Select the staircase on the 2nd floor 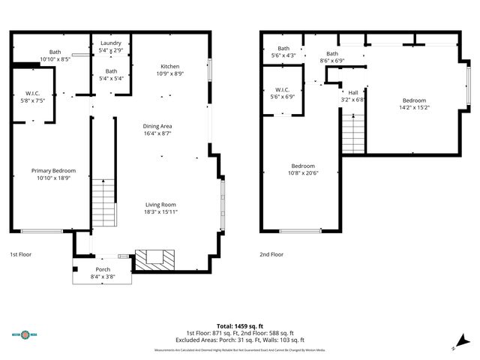352,133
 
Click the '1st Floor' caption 21,254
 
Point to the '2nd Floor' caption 271,254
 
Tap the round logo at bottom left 26,334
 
